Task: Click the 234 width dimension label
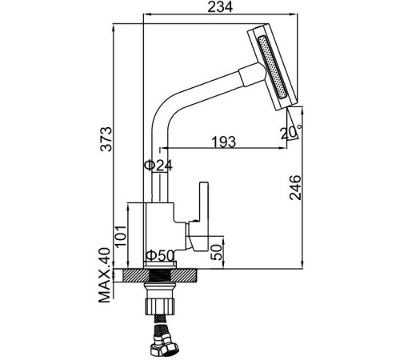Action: click(220, 6)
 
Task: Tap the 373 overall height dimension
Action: click(106, 139)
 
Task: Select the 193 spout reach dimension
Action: click(224, 142)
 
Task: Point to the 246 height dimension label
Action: click(295, 187)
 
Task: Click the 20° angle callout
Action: click(290, 133)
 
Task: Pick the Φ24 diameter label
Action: click(158, 166)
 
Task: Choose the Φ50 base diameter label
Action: click(160, 255)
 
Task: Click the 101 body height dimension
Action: click(121, 236)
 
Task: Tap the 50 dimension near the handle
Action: click(216, 252)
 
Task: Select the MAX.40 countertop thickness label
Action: click(104, 275)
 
